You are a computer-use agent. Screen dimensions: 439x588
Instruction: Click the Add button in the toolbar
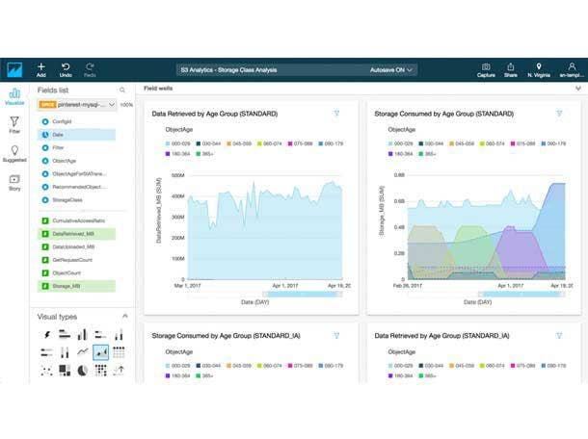tap(41, 69)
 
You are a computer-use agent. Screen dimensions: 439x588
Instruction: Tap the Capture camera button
tap(486, 69)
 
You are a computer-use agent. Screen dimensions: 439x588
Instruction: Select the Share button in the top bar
tap(511, 69)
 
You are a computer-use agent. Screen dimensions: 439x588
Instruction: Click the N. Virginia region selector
tap(538, 69)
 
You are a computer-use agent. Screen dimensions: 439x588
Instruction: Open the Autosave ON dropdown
tap(393, 70)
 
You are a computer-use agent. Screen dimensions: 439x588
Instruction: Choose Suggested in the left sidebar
tap(14, 155)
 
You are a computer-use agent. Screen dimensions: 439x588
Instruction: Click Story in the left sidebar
tap(14, 182)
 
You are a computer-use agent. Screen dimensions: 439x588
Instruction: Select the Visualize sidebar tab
tap(14, 97)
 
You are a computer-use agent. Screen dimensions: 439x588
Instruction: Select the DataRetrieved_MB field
tap(72, 233)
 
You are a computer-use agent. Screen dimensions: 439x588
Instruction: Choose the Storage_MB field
tap(67, 286)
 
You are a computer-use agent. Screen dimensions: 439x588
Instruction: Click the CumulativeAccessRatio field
tap(78, 220)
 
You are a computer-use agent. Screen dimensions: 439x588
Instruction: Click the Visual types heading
tap(58, 317)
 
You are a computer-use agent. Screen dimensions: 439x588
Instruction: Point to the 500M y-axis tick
tap(176, 176)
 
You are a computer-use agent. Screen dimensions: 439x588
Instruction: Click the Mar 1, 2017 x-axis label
tap(188, 286)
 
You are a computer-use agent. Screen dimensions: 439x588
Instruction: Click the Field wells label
tap(159, 89)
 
